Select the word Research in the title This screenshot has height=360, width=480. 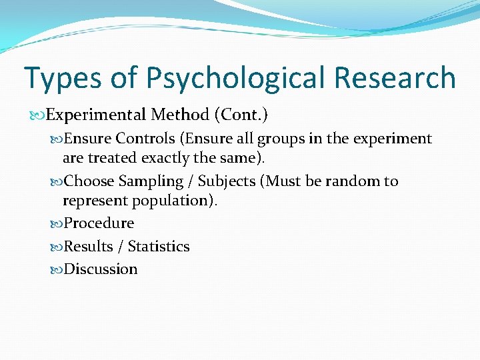[395, 79]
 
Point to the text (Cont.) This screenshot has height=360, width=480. [241, 115]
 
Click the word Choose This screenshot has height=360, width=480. [89, 181]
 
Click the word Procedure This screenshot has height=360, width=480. [99, 223]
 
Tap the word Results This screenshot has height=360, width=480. [88, 247]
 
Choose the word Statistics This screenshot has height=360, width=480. [159, 247]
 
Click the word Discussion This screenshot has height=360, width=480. [101, 269]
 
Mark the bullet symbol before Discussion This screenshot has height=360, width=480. [57, 269]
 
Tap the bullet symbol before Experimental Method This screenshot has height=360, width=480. [39, 115]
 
